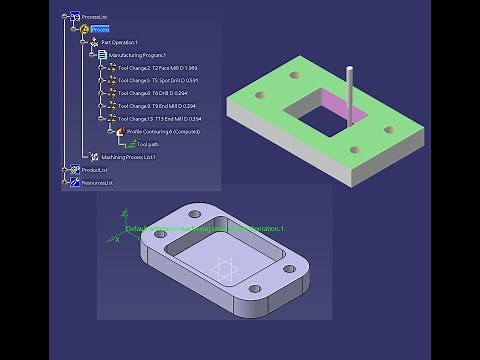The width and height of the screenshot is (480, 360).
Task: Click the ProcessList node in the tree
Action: [96, 17]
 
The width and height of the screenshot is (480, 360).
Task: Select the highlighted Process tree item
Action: [100, 30]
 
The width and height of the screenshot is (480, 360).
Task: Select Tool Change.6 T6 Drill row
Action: [155, 93]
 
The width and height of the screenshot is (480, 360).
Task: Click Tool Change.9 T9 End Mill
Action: [157, 106]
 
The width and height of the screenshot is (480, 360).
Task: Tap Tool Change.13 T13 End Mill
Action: [159, 119]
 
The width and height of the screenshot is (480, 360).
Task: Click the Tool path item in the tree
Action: [147, 144]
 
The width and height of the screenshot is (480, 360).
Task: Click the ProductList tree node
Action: [95, 170]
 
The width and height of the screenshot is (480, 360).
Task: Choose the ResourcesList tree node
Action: [97, 183]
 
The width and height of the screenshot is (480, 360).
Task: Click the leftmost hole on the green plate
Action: [260, 96]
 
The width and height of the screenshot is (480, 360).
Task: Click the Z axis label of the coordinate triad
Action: [124, 213]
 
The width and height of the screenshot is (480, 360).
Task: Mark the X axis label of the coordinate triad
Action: [117, 239]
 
